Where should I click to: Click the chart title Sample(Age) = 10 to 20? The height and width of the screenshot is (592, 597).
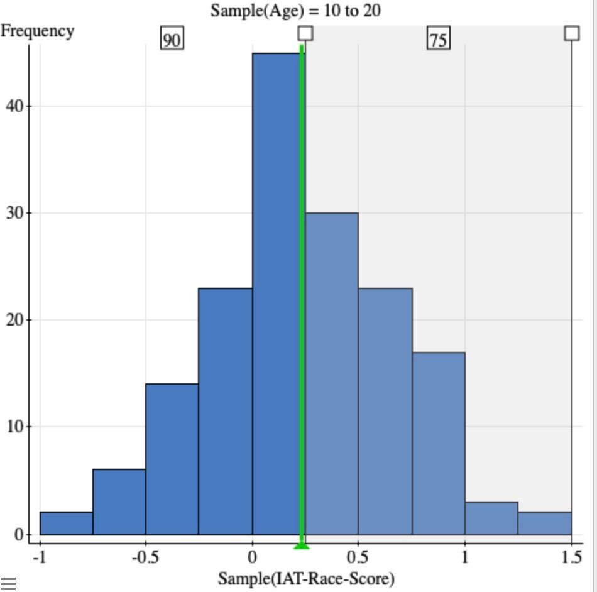coord(295,11)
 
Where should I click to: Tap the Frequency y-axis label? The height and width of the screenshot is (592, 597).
coord(37,31)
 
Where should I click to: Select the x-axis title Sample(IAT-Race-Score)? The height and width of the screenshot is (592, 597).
coord(306,578)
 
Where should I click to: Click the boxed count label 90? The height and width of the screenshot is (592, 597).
coord(172,40)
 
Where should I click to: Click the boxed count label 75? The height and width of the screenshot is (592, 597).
coord(438,40)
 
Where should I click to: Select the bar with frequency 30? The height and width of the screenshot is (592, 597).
coord(332,374)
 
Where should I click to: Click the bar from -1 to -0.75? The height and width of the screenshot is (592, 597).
coord(66,523)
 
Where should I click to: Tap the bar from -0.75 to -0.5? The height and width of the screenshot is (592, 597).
coord(119,502)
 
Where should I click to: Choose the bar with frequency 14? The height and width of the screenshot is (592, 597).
coord(172,459)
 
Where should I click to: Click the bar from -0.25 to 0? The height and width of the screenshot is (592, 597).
coord(226,412)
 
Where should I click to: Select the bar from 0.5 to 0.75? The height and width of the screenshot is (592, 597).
coord(385,412)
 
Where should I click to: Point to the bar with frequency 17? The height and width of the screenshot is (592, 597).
coord(439,444)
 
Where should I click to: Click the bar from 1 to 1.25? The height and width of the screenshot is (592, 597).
coord(491,518)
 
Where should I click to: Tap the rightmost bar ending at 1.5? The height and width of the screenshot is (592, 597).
coord(545,523)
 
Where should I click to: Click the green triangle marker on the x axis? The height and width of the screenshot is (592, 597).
coord(302,545)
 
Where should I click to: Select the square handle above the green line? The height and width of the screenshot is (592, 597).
coord(305,33)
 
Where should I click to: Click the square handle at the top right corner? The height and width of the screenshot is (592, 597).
coord(571,33)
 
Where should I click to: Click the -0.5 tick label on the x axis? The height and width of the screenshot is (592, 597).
coord(145,557)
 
